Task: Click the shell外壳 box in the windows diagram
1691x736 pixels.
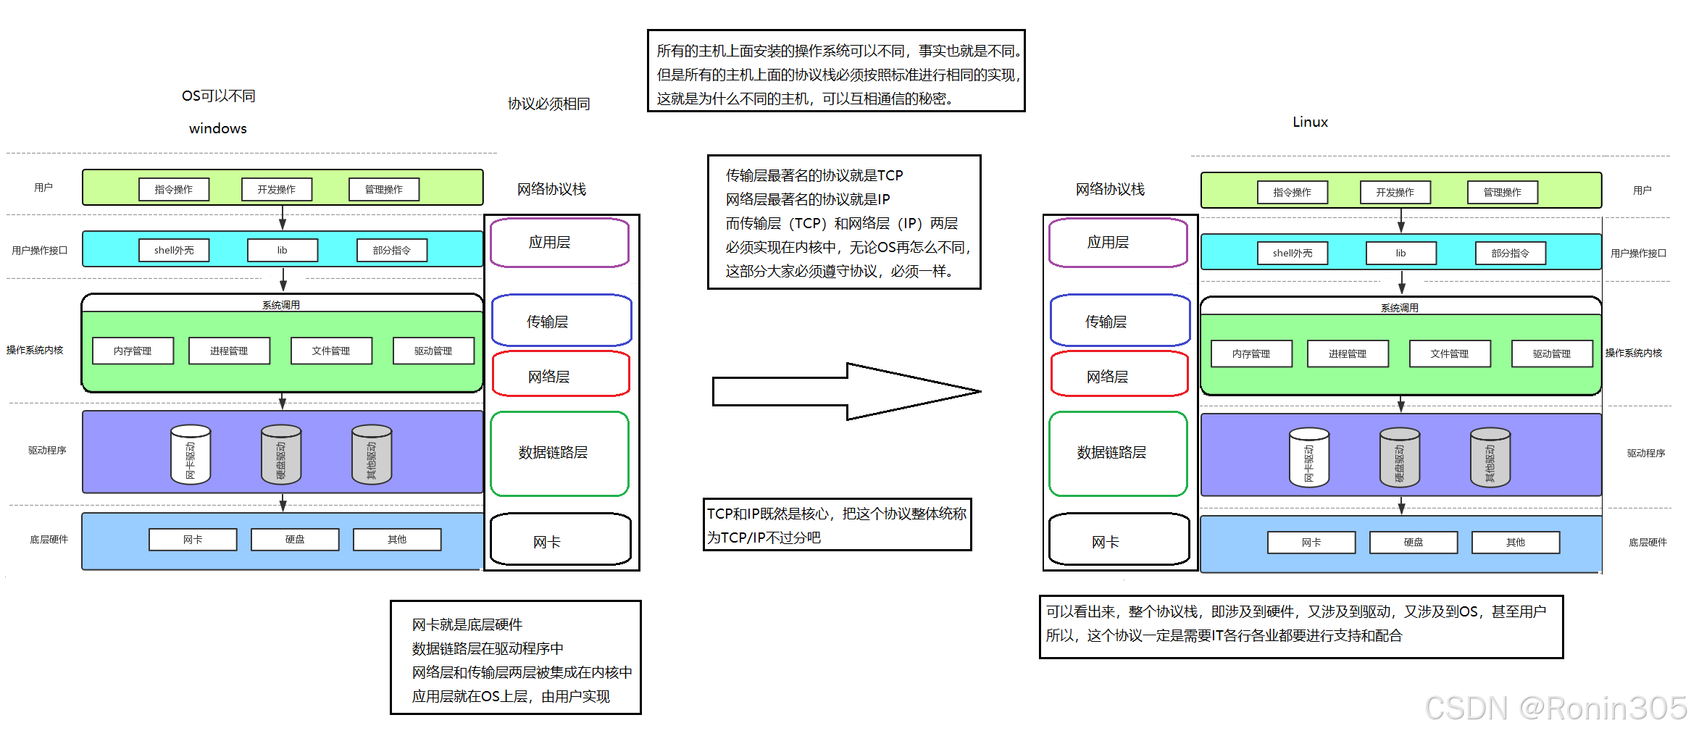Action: (x=174, y=250)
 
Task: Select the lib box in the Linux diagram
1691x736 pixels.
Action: (x=1400, y=253)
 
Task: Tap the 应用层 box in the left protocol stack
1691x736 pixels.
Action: (x=559, y=243)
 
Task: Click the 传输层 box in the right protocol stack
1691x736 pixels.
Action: (x=1119, y=321)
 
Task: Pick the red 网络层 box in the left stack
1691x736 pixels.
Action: (x=560, y=375)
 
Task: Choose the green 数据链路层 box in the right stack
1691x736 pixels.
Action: (x=1118, y=453)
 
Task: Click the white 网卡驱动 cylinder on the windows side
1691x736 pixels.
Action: (x=191, y=455)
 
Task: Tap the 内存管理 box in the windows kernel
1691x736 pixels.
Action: (x=133, y=351)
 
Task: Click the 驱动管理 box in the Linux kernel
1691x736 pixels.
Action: (x=1551, y=354)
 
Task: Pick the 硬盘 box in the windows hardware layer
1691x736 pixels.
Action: (x=295, y=540)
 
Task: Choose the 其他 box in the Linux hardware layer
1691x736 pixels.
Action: (x=1515, y=543)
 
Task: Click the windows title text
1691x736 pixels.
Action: (x=217, y=128)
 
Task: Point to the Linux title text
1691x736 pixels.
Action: (x=1310, y=122)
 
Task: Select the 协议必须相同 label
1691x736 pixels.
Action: (x=548, y=104)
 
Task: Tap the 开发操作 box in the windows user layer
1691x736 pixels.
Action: (x=277, y=189)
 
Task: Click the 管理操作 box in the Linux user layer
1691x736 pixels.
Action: (x=1502, y=192)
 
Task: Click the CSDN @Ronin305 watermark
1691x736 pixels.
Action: (x=1556, y=708)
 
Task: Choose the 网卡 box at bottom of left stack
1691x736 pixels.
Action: (x=560, y=540)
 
